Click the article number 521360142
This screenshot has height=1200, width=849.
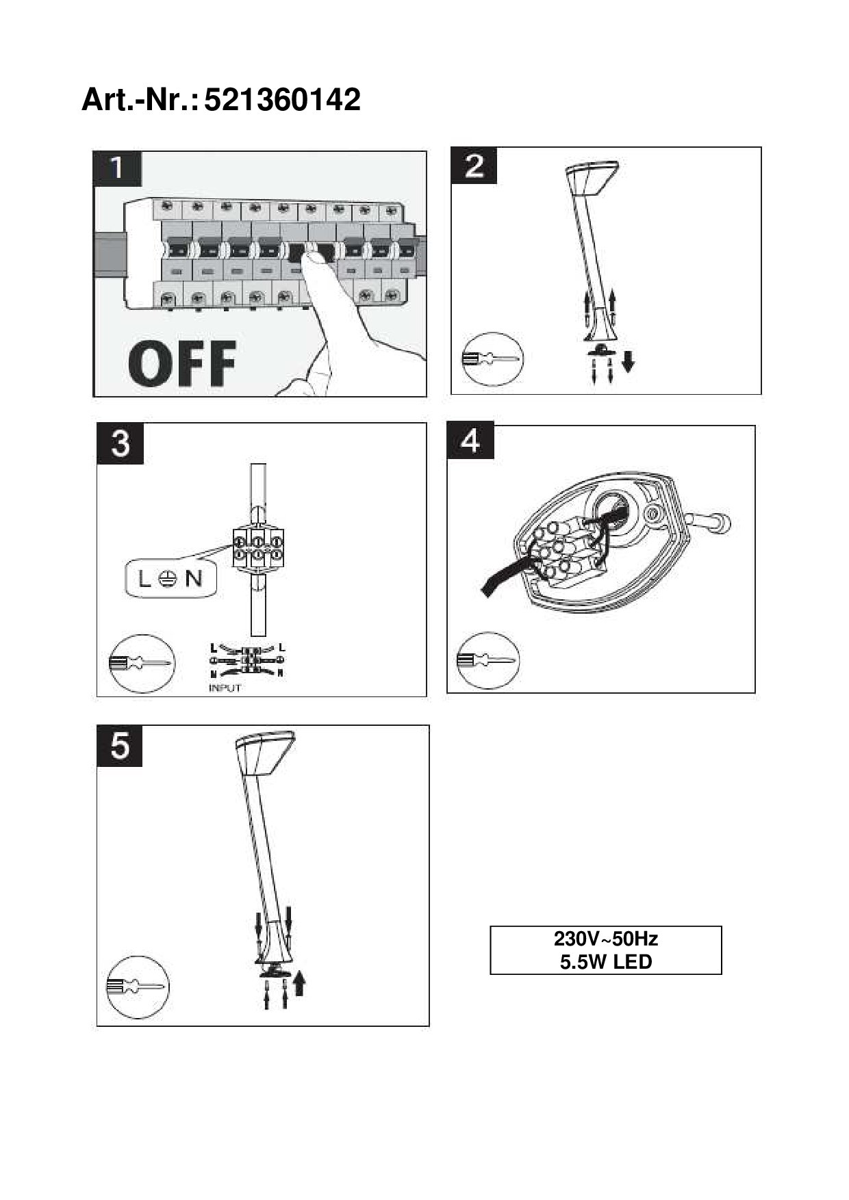282,101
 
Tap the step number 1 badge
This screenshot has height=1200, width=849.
117,168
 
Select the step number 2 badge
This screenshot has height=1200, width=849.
474,166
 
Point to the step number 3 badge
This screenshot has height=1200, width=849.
120,443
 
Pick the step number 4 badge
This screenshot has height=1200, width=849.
470,441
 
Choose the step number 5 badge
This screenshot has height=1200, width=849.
119,746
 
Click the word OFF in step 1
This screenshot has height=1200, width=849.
182,364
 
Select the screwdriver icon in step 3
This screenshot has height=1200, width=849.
142,663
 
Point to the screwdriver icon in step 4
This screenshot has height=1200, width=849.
487,660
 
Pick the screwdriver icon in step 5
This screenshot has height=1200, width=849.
137,987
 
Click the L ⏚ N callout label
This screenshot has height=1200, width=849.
170,579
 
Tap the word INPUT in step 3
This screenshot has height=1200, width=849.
225,688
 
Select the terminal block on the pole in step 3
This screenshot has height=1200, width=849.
257,549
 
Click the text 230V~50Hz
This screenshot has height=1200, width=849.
605,938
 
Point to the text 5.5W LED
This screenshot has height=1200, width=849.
605,962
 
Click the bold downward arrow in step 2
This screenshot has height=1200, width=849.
628,361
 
